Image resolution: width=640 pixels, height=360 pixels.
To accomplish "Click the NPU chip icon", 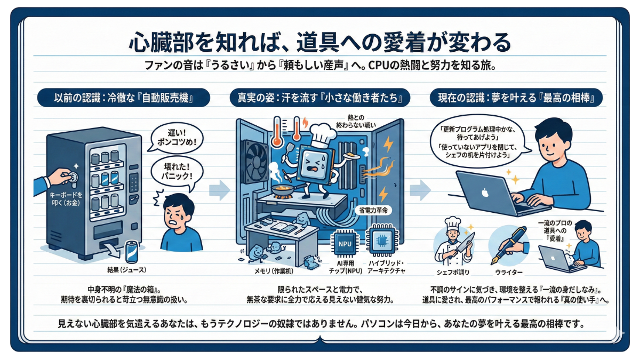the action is click(x=345, y=243).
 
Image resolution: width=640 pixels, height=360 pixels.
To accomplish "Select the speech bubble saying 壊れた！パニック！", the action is click(x=177, y=173).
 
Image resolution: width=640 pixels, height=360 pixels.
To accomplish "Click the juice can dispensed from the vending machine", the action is click(x=132, y=252).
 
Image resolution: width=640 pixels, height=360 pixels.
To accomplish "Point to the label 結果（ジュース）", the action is click(x=126, y=270).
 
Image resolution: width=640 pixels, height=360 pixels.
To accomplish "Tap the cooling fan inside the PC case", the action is click(x=255, y=162).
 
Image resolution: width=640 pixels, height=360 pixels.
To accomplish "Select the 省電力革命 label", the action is click(x=373, y=211).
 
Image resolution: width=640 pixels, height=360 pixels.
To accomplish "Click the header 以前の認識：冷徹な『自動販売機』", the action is click(x=123, y=98).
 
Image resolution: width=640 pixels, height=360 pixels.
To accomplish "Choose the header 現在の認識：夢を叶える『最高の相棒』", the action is click(x=516, y=98).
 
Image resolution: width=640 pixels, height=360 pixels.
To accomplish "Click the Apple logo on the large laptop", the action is click(x=485, y=193).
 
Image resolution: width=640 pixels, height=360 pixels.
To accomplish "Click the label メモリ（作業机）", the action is click(x=274, y=271).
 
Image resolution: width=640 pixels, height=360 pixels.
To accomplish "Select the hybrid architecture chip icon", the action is click(x=382, y=241).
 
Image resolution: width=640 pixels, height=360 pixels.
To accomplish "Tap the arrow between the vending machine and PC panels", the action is click(x=219, y=190).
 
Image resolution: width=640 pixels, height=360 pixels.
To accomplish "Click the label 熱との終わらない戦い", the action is click(x=355, y=121).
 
